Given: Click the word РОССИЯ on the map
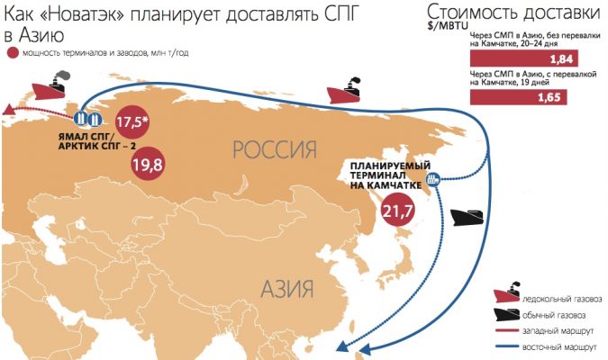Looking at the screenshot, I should pyautogui.click(x=276, y=149).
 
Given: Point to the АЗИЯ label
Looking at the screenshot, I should pyautogui.click(x=286, y=289).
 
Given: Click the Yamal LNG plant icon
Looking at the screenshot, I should pyautogui.click(x=88, y=118).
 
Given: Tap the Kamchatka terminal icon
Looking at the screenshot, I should pyautogui.click(x=433, y=178).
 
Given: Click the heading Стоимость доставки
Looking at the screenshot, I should pyautogui.click(x=514, y=13).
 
